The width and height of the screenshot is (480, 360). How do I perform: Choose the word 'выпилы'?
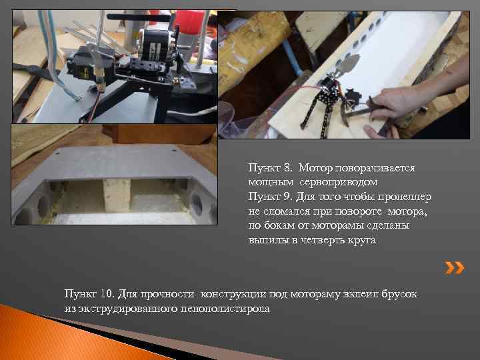265,241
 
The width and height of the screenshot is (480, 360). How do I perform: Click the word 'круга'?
361,241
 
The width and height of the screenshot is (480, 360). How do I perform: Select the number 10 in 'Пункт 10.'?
107,295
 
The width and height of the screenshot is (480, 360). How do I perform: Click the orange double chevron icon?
455,268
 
